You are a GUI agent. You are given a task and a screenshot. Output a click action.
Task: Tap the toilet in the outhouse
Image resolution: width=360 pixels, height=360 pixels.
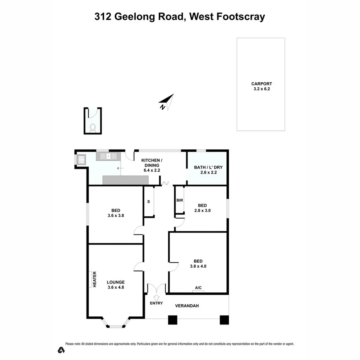click(93, 128)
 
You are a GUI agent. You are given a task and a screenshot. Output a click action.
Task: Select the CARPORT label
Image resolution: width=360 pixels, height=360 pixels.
click(262, 83)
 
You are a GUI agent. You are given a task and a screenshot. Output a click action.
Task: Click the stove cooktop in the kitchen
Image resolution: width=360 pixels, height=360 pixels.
click(82, 159)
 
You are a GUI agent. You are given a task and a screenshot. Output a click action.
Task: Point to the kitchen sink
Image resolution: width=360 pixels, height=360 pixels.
click(109, 156)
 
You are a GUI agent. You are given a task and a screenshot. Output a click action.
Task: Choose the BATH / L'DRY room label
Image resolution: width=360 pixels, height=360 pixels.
click(208, 168)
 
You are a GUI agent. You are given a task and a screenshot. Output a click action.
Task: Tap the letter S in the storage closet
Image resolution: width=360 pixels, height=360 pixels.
click(148, 202)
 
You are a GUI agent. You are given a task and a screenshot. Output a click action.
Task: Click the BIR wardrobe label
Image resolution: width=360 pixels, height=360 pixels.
click(179, 200)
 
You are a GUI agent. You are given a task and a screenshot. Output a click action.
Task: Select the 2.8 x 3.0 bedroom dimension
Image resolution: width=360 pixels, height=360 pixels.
click(202, 211)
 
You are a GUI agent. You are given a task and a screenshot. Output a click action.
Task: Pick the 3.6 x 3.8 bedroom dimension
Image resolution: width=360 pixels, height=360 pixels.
click(115, 216)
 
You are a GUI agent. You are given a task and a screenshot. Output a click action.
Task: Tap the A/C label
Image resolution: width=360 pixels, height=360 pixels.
click(198, 288)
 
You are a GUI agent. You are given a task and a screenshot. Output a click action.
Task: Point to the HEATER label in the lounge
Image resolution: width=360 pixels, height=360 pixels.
click(94, 279)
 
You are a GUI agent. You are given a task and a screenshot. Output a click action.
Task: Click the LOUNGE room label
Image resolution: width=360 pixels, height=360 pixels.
click(115, 282)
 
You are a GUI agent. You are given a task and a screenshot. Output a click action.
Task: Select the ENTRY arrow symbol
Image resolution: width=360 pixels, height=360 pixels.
click(156, 297)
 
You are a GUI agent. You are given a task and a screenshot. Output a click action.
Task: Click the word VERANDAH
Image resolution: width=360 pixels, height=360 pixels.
click(187, 306)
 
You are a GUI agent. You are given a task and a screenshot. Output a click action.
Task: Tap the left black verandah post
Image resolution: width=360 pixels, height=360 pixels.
click(173, 320)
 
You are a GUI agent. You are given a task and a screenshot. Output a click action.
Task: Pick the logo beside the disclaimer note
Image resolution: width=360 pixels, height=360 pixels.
click(61, 350)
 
